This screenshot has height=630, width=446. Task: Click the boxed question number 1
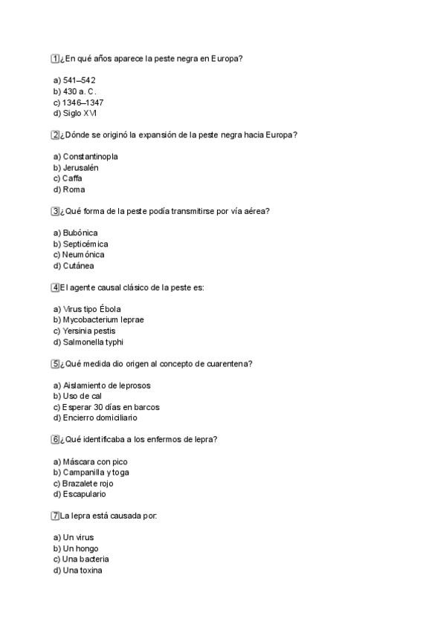pos(55,58)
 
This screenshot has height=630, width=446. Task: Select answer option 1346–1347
pos(78,103)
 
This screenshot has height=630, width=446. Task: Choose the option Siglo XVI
pos(75,113)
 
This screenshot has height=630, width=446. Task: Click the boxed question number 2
pos(55,134)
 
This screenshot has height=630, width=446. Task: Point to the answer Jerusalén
pos(76,168)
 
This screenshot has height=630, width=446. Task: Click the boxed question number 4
pos(55,288)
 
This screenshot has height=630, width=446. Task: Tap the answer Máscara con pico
pos(91,461)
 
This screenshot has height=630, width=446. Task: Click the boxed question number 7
pos(55,516)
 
